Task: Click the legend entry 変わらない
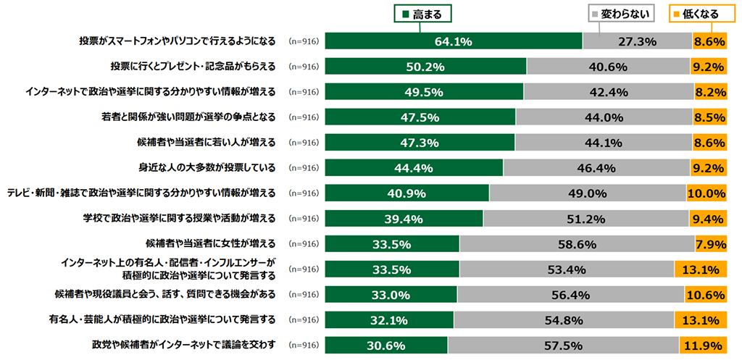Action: coord(622,14)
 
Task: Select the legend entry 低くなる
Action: coord(698,14)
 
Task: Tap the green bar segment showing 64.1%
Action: coord(454,41)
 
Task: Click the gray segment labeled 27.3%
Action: coord(637,41)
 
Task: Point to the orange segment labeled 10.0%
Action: coord(706,193)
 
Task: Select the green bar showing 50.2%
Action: coord(425,67)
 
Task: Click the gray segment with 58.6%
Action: coord(577,244)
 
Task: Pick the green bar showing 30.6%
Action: coord(386,346)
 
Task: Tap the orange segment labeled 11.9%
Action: coord(702,346)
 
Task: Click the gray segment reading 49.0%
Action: coord(588,193)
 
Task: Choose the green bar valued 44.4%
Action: coord(414,168)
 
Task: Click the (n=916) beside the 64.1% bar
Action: coord(304,41)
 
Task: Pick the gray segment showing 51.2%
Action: coord(585,219)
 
